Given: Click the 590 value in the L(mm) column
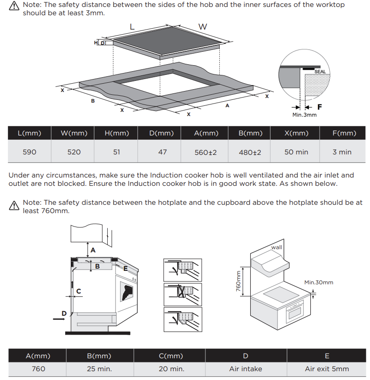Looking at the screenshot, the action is coord(29,152).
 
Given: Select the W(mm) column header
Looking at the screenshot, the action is coord(74,133).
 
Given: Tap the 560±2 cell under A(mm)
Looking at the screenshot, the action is coord(206,153).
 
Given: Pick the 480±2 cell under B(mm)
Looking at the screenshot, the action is coord(250,153).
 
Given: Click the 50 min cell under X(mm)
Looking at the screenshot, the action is coord(296,152).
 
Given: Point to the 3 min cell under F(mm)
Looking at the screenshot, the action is coord(342,152).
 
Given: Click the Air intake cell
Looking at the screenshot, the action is coord(246,369).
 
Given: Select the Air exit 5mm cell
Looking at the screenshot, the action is coord(327,369).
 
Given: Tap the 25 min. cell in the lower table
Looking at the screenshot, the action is coord(99,369).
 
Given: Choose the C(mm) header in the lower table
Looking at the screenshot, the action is coord(171,356).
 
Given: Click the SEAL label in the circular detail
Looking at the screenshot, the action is coord(320,72).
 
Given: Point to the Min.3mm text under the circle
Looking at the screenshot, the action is coord(304,115).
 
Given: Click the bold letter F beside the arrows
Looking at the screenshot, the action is coord(320,107).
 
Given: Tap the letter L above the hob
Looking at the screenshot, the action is coord(132,27).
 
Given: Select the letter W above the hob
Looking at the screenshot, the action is coord(203,27).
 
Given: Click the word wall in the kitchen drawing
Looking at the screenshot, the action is coord(277,247).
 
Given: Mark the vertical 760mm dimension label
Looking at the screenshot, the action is coord(238,281).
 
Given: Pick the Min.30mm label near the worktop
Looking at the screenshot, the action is coord(319,282).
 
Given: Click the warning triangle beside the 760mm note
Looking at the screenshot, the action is coord(14,206).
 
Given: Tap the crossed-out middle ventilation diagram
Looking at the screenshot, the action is coord(183,294).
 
